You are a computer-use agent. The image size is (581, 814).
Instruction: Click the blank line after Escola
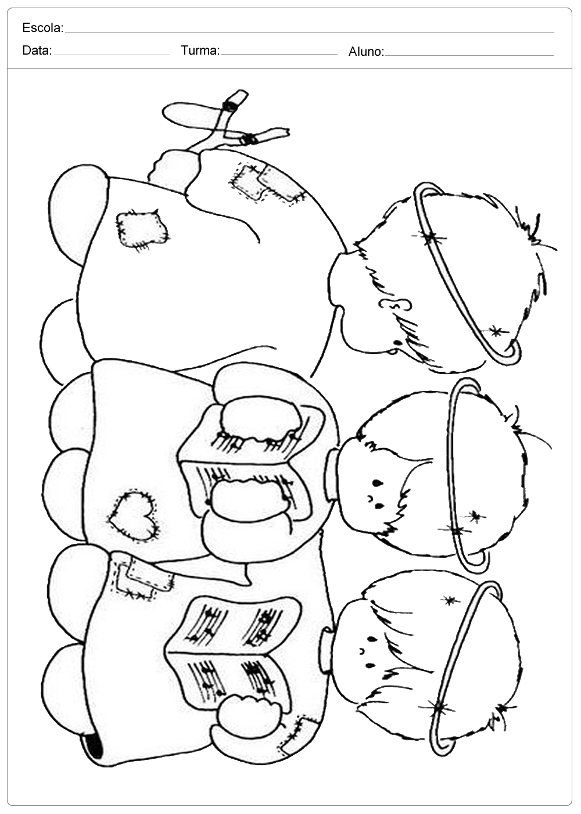pyautogui.click(x=310, y=33)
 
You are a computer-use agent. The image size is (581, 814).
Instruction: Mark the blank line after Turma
pyautogui.click(x=279, y=55)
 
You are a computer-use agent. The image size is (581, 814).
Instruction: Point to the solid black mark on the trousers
pyautogui.click(x=95, y=745)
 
